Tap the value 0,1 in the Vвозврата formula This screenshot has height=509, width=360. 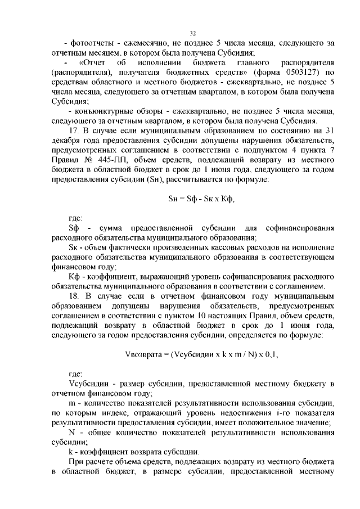point(269,355)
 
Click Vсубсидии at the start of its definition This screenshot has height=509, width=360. point(84,384)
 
